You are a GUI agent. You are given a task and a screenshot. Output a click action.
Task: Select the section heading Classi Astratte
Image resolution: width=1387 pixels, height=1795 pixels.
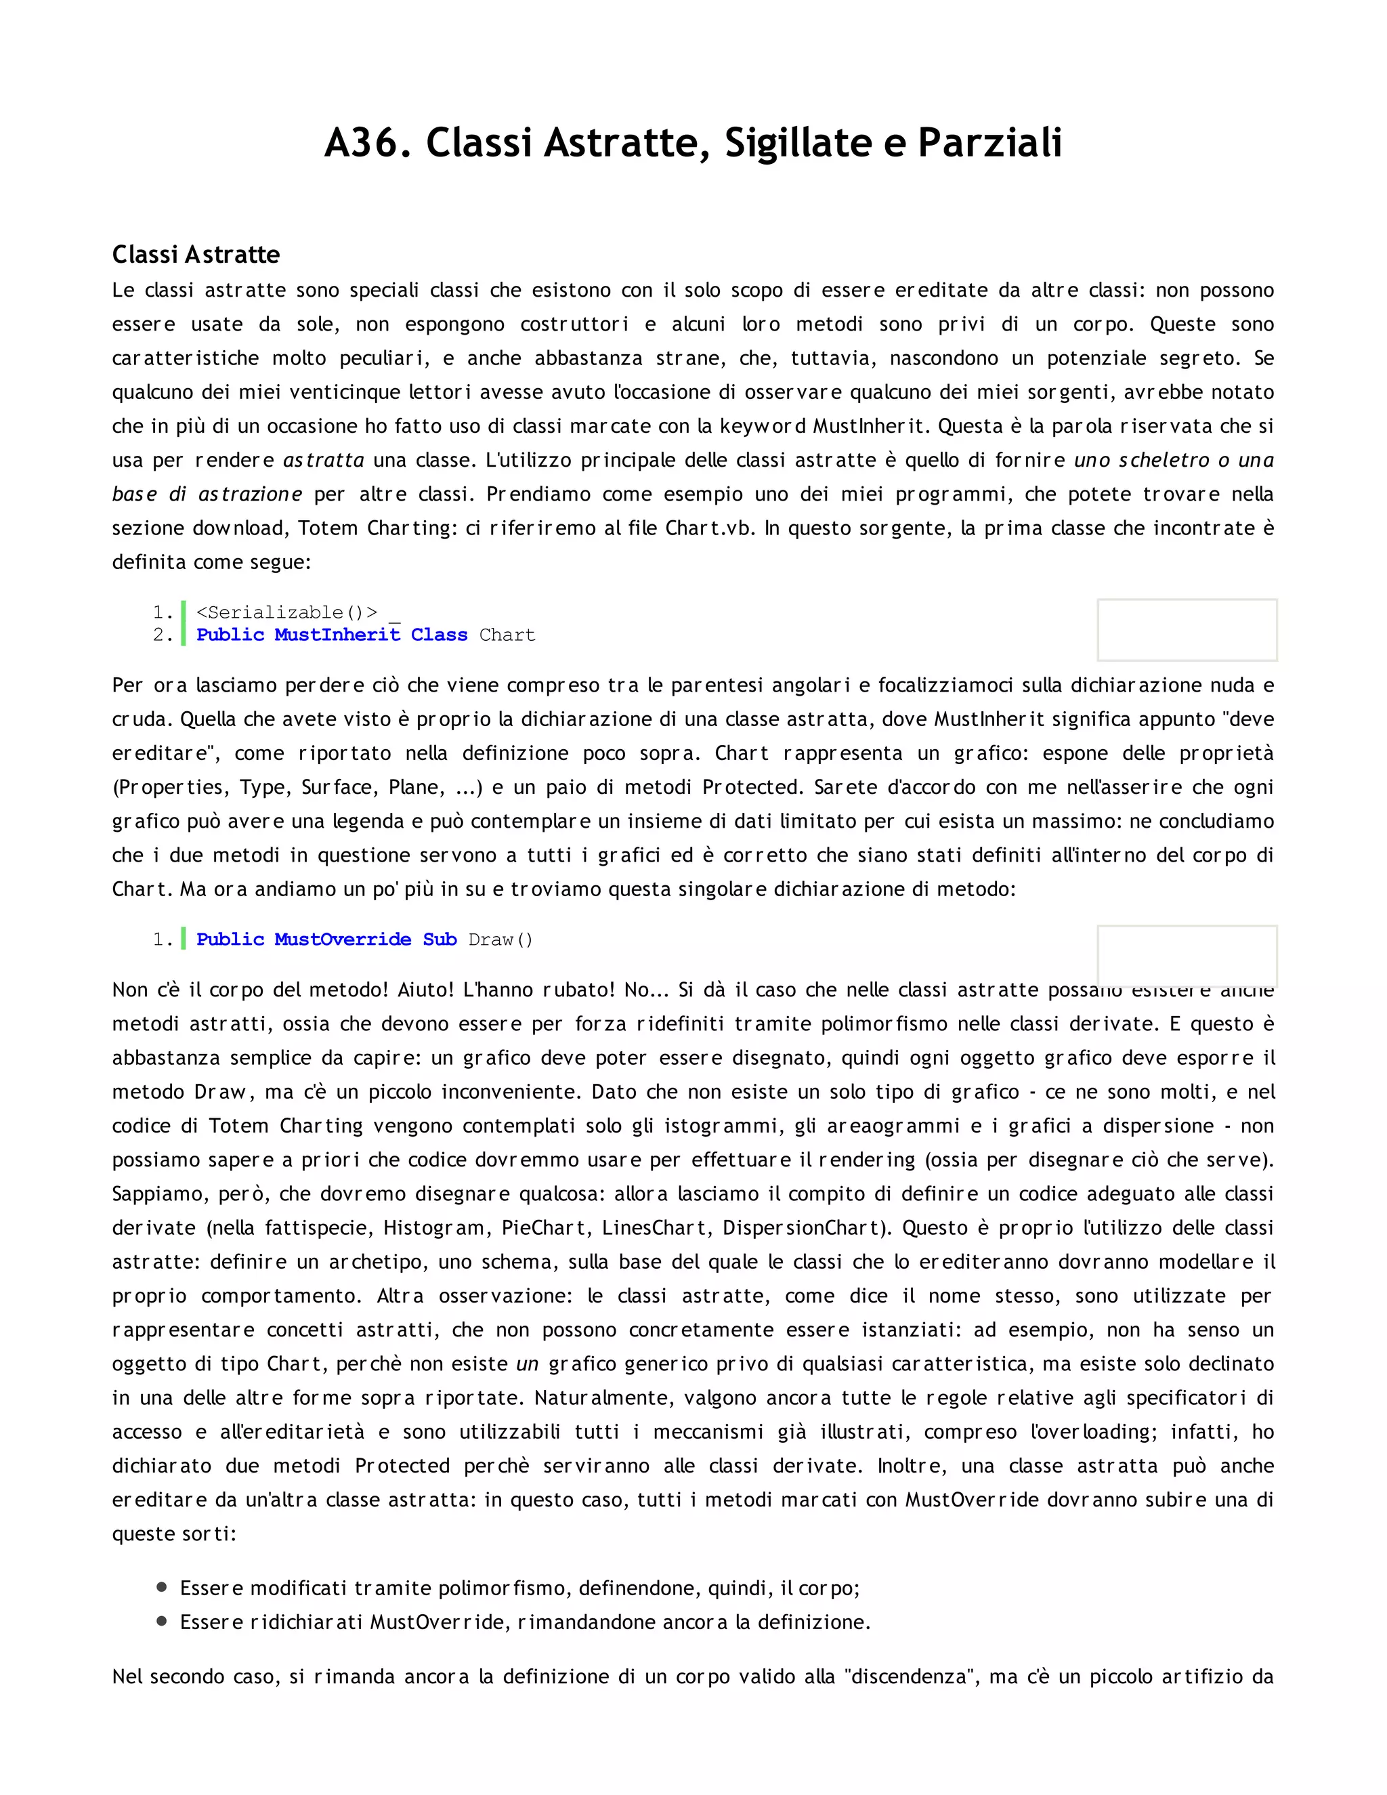pyautogui.click(x=196, y=254)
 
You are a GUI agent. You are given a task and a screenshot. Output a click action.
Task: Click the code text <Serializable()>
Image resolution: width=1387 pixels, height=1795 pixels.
pyautogui.click(x=286, y=612)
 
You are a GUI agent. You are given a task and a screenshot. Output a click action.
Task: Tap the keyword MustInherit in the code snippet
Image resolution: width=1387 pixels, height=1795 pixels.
pyautogui.click(x=337, y=635)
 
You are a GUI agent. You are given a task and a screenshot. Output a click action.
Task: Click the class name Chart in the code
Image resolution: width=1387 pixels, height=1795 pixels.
pyautogui.click(x=507, y=635)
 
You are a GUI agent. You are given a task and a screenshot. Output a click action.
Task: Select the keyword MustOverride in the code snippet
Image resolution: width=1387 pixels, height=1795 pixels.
pyautogui.click(x=343, y=939)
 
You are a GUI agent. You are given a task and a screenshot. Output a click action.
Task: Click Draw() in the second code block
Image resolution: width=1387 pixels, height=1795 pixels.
pyautogui.click(x=500, y=939)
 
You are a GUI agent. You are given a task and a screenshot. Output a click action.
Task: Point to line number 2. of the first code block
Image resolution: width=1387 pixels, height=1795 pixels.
pyautogui.click(x=163, y=635)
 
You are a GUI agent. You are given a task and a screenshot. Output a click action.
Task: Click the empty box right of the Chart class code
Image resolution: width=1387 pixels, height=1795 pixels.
pyautogui.click(x=1187, y=629)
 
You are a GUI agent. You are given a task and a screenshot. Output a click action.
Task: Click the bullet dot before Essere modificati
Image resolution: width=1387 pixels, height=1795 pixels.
pyautogui.click(x=162, y=1587)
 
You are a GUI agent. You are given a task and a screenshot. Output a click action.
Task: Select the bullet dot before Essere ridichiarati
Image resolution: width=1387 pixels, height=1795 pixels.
pyautogui.click(x=162, y=1621)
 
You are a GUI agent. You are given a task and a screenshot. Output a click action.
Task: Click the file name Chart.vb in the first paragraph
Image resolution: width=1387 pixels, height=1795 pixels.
pyautogui.click(x=709, y=528)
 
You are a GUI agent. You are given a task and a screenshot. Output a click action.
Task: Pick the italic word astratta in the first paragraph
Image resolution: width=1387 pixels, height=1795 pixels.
pyautogui.click(x=324, y=460)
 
